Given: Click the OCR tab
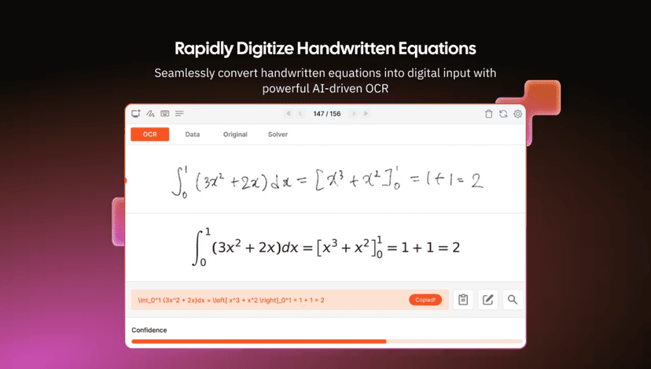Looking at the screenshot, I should (x=149, y=135).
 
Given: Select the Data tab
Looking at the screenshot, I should (x=192, y=135).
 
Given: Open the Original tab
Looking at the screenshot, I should (x=235, y=135).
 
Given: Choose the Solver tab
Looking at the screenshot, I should (x=278, y=135).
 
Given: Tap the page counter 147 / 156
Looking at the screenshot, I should (x=326, y=114).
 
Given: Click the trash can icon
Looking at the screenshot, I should (x=488, y=114).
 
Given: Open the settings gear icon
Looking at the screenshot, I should (x=517, y=114).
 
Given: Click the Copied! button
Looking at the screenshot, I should (x=425, y=300).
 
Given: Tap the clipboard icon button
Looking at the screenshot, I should (x=463, y=300).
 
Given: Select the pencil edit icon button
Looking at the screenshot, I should (x=488, y=300).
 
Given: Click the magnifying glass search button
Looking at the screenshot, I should (x=513, y=300).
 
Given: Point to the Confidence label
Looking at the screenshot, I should (x=149, y=330).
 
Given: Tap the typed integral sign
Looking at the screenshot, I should (x=199, y=247).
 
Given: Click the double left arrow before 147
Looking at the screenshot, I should (x=289, y=114).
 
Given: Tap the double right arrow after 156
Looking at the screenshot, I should (x=366, y=114).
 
